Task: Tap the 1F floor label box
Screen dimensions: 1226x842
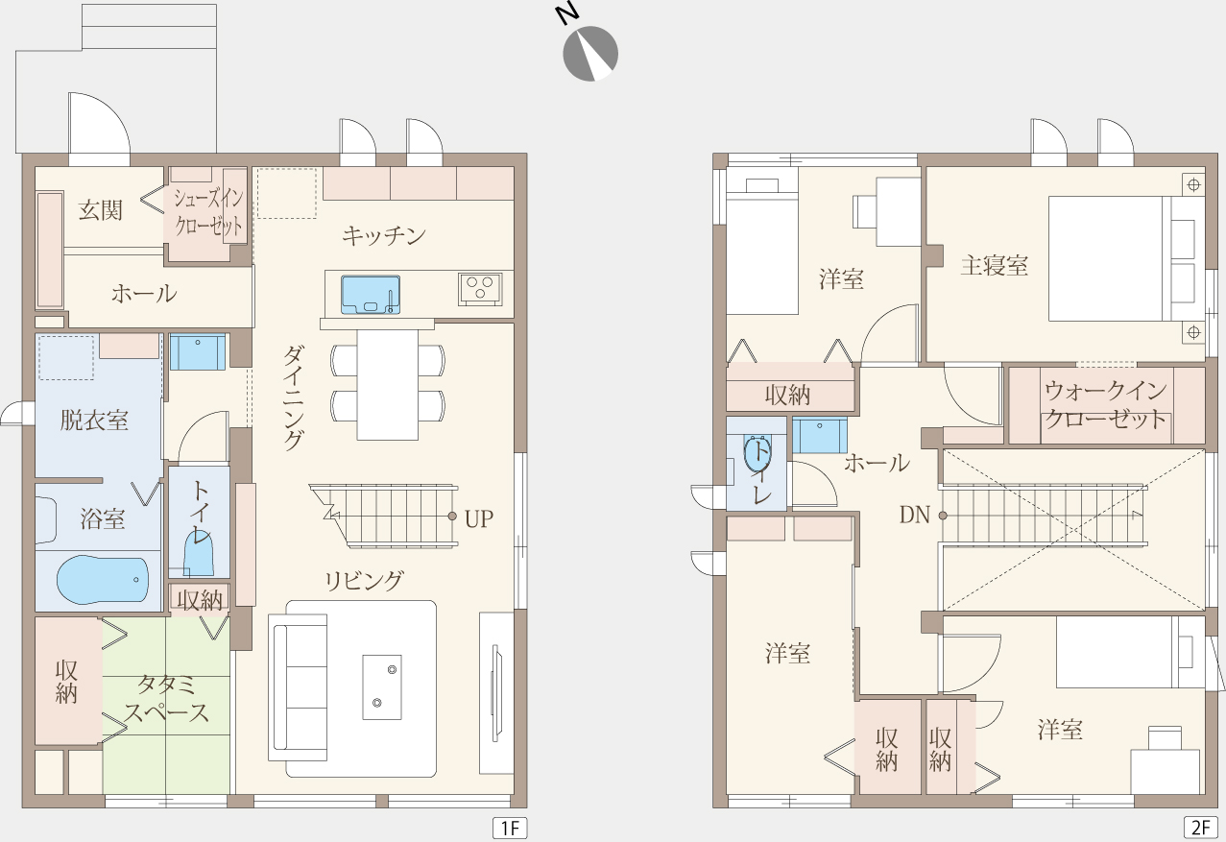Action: [510, 828]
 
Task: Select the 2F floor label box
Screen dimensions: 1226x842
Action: [1201, 828]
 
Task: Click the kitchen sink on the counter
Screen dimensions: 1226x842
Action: [371, 295]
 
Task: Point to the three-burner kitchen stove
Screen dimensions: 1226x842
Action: [480, 289]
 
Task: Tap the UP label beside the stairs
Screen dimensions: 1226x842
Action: [479, 519]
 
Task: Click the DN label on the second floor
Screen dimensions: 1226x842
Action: [915, 515]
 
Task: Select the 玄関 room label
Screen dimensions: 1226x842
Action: [100, 210]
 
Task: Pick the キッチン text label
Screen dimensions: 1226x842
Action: [384, 235]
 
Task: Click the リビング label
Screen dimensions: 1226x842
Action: [364, 580]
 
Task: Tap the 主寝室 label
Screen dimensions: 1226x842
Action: [994, 265]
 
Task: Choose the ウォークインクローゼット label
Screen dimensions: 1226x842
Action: [1106, 405]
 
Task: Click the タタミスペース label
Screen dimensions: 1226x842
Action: [166, 699]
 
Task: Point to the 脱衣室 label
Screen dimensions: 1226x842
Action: [94, 421]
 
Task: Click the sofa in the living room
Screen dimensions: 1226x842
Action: [298, 687]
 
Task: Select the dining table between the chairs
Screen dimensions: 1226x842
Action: [388, 384]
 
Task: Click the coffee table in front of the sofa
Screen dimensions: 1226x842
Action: [382, 687]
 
